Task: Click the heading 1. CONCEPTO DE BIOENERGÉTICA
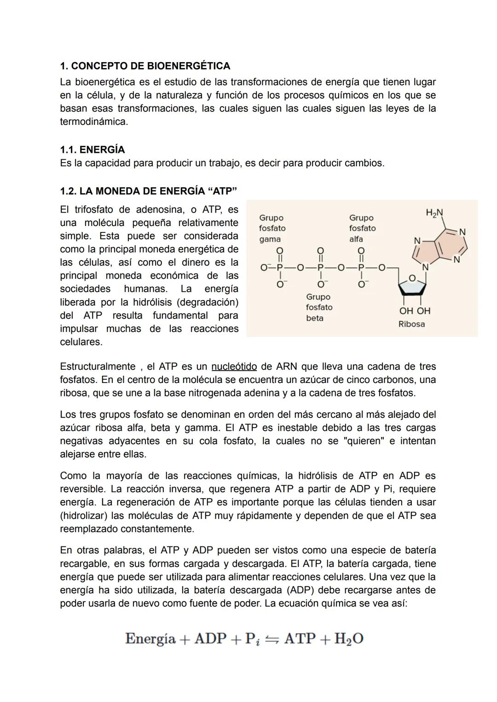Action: pyautogui.click(x=145, y=66)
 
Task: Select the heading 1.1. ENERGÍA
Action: pyautogui.click(x=92, y=150)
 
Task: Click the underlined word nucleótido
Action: pyautogui.click(x=234, y=366)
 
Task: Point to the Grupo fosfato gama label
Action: pyautogui.click(x=272, y=228)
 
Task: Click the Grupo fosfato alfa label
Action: pyautogui.click(x=362, y=228)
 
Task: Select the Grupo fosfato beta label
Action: pyautogui.click(x=319, y=307)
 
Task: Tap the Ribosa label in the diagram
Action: pyautogui.click(x=411, y=324)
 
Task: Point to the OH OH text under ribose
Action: pyautogui.click(x=415, y=311)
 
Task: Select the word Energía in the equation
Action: pyautogui.click(x=150, y=638)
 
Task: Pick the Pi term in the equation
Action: pyautogui.click(x=252, y=639)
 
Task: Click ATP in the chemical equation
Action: pyautogui.click(x=300, y=638)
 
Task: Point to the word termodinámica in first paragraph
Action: pyautogui.click(x=93, y=122)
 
